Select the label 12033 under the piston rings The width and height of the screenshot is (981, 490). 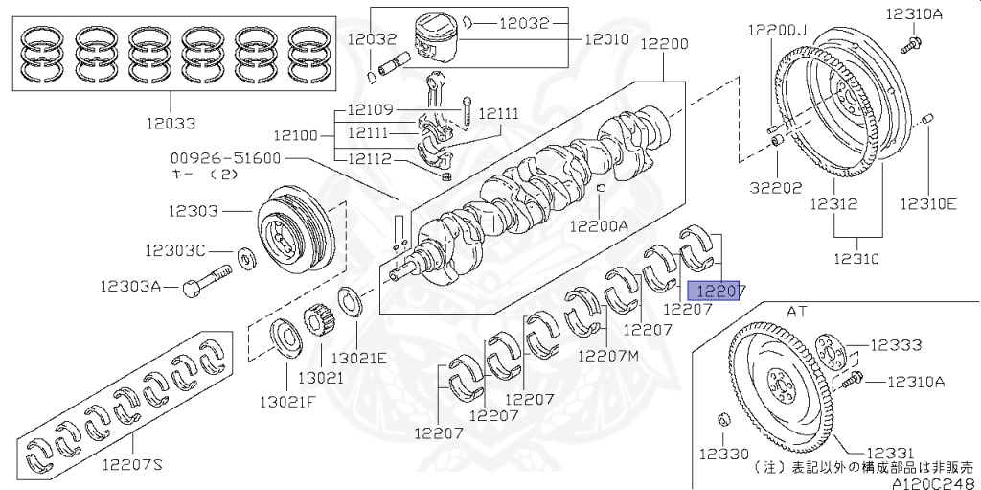point(171,124)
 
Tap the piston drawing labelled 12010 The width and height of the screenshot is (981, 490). point(441,40)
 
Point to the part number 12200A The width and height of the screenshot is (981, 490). point(599,227)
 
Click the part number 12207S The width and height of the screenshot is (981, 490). point(132,466)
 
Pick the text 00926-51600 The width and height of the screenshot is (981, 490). point(226,158)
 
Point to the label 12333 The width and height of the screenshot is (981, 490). point(896,344)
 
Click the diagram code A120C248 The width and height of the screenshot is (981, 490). point(934,482)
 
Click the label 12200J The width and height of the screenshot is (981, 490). point(778,30)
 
